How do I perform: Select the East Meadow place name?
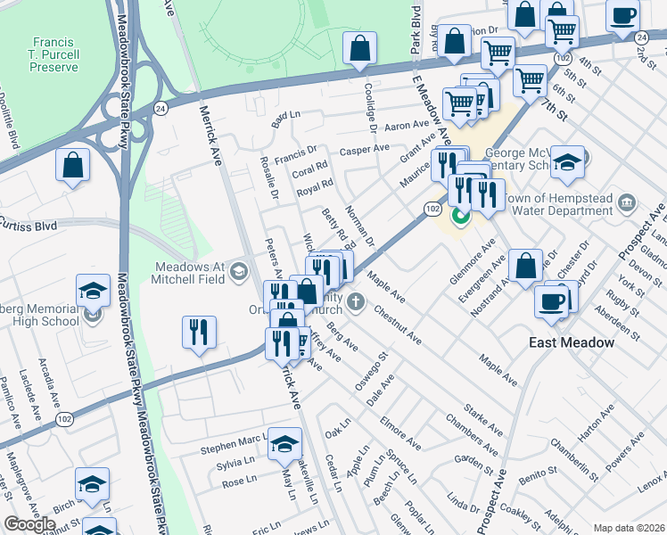(x=571, y=342)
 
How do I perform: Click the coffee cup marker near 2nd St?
(x=622, y=15)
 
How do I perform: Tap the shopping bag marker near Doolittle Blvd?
(x=72, y=165)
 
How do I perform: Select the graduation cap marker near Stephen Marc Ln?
(x=284, y=444)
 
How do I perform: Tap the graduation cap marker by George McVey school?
(x=567, y=163)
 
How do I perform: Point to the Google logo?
(x=29, y=524)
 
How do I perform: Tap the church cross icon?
(x=355, y=301)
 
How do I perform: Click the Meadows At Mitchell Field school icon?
(x=238, y=271)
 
